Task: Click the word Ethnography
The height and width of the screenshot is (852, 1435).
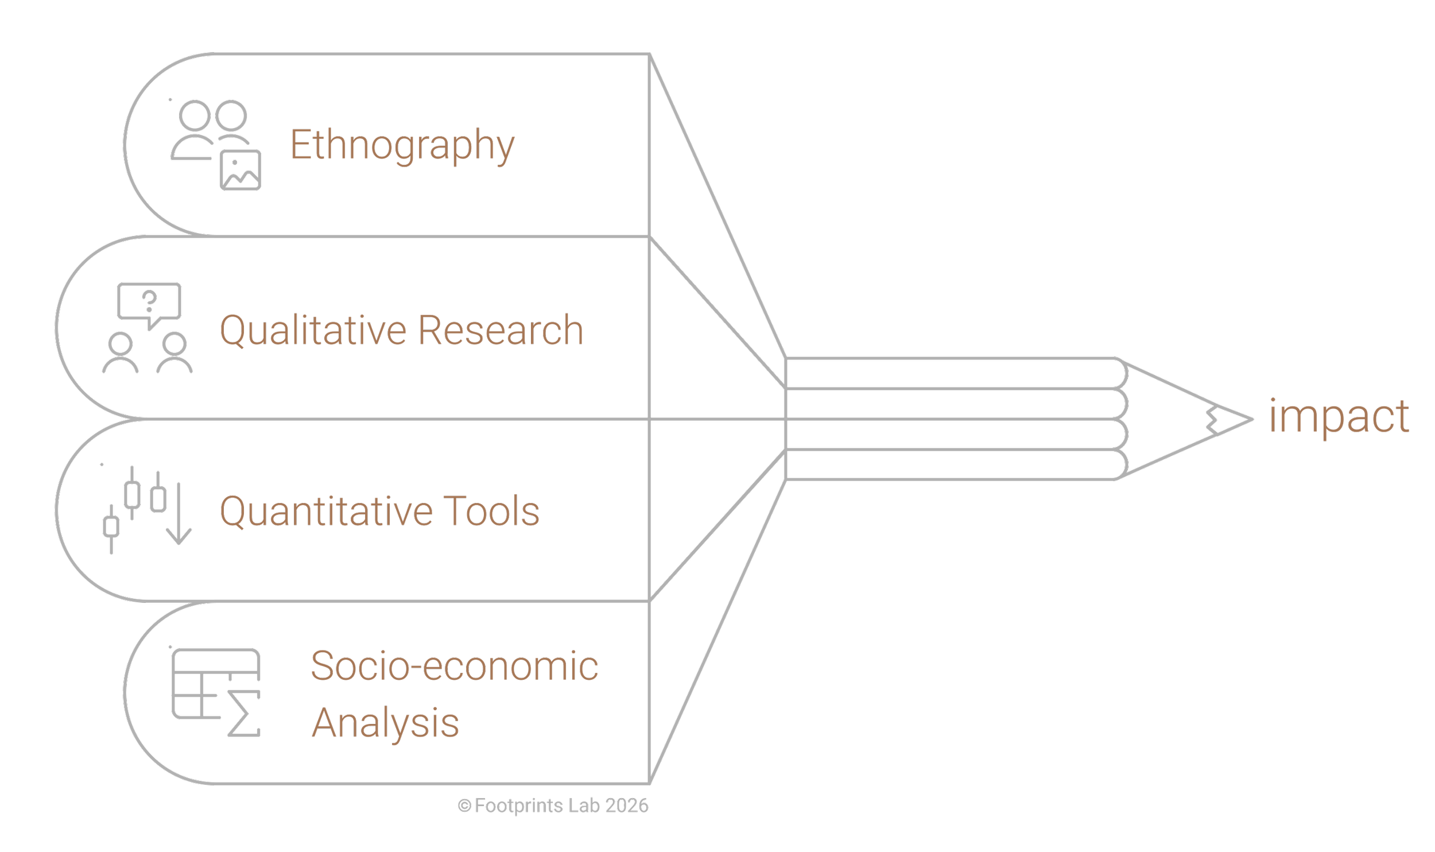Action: pos(402,145)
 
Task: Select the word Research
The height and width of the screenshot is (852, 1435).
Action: pos(501,330)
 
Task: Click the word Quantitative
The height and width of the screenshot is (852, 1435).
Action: pos(326,511)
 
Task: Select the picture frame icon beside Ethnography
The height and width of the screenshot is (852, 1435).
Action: pos(241,170)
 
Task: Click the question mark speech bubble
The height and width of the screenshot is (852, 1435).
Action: pos(149,302)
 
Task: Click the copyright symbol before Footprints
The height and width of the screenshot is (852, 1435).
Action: pos(464,806)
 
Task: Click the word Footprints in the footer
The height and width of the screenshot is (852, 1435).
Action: pos(519,805)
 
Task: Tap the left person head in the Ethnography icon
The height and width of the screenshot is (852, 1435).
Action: pos(195,115)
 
